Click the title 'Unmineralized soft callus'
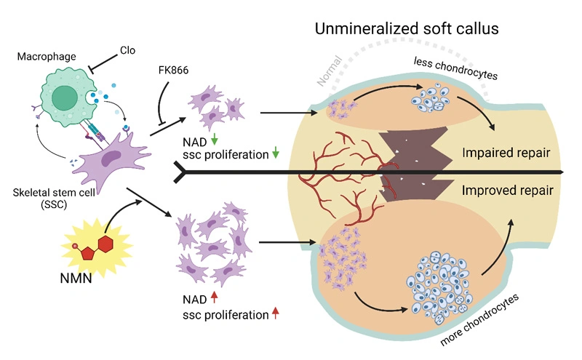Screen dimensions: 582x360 click(x=407, y=29)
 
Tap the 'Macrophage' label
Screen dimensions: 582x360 click(x=47, y=57)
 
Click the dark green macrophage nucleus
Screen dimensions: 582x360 click(x=65, y=98)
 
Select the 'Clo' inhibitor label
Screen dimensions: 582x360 click(x=128, y=50)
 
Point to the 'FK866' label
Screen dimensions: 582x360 click(x=173, y=70)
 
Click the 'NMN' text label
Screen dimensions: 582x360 click(x=76, y=278)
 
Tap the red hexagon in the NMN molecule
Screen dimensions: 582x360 click(x=105, y=244)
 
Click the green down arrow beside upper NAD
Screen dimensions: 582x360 click(x=214, y=140)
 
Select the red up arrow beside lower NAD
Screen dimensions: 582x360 click(x=214, y=297)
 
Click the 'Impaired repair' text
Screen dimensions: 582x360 click(x=506, y=153)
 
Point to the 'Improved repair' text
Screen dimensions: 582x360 click(x=507, y=191)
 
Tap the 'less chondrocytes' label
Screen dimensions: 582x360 click(x=455, y=68)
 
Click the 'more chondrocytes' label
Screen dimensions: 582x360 click(x=479, y=319)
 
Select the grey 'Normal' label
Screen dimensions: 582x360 click(x=329, y=71)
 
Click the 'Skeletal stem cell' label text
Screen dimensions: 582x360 click(x=54, y=193)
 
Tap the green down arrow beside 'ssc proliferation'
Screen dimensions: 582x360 click(x=276, y=152)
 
